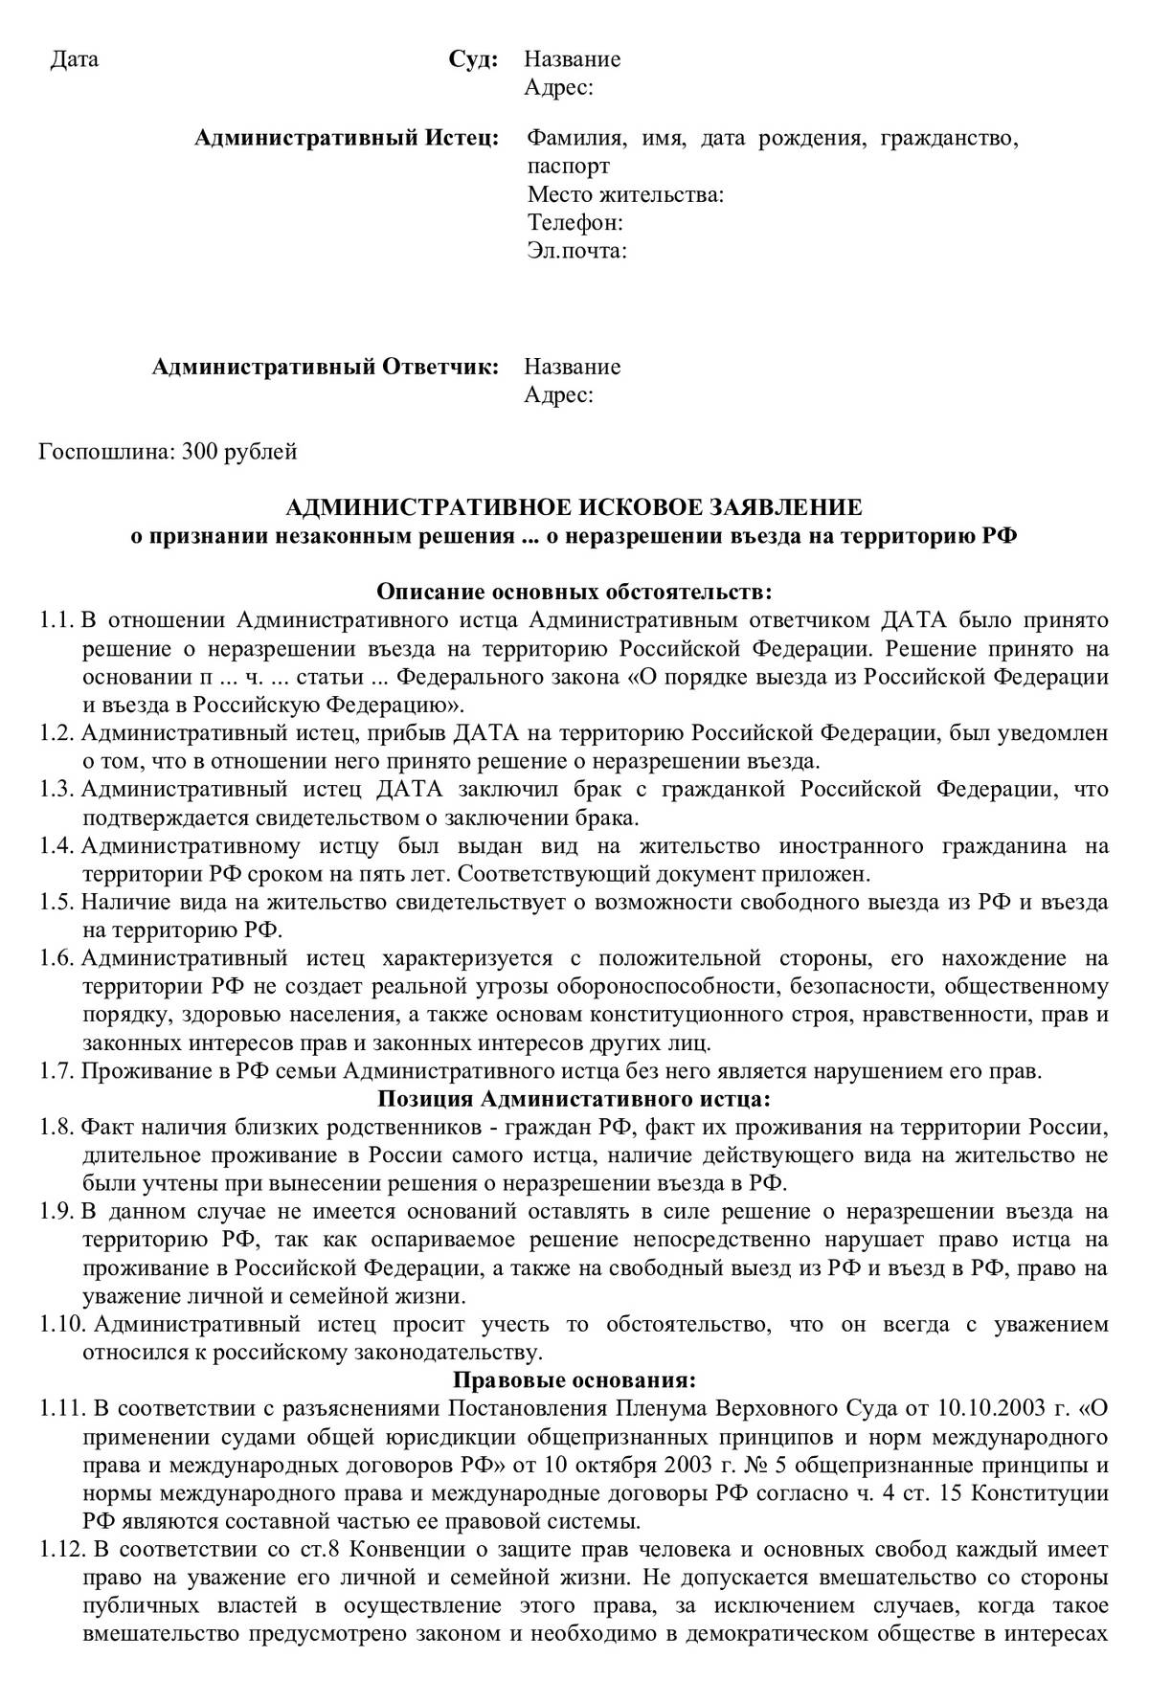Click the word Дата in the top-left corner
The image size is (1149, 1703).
point(74,60)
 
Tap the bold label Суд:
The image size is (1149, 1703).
point(473,60)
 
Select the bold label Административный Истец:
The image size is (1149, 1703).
point(346,140)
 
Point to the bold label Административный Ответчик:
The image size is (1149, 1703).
point(326,368)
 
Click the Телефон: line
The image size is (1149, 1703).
point(575,224)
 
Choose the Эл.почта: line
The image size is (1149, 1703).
point(577,252)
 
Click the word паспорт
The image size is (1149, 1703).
point(568,168)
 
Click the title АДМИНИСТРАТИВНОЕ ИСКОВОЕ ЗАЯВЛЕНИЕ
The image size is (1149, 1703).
point(574,507)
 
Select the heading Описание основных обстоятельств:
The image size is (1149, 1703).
point(574,592)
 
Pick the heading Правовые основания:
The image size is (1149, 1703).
point(574,1381)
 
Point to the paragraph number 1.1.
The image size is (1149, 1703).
point(56,620)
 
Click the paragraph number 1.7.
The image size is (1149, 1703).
point(56,1071)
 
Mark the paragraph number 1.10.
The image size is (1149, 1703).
point(61,1325)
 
